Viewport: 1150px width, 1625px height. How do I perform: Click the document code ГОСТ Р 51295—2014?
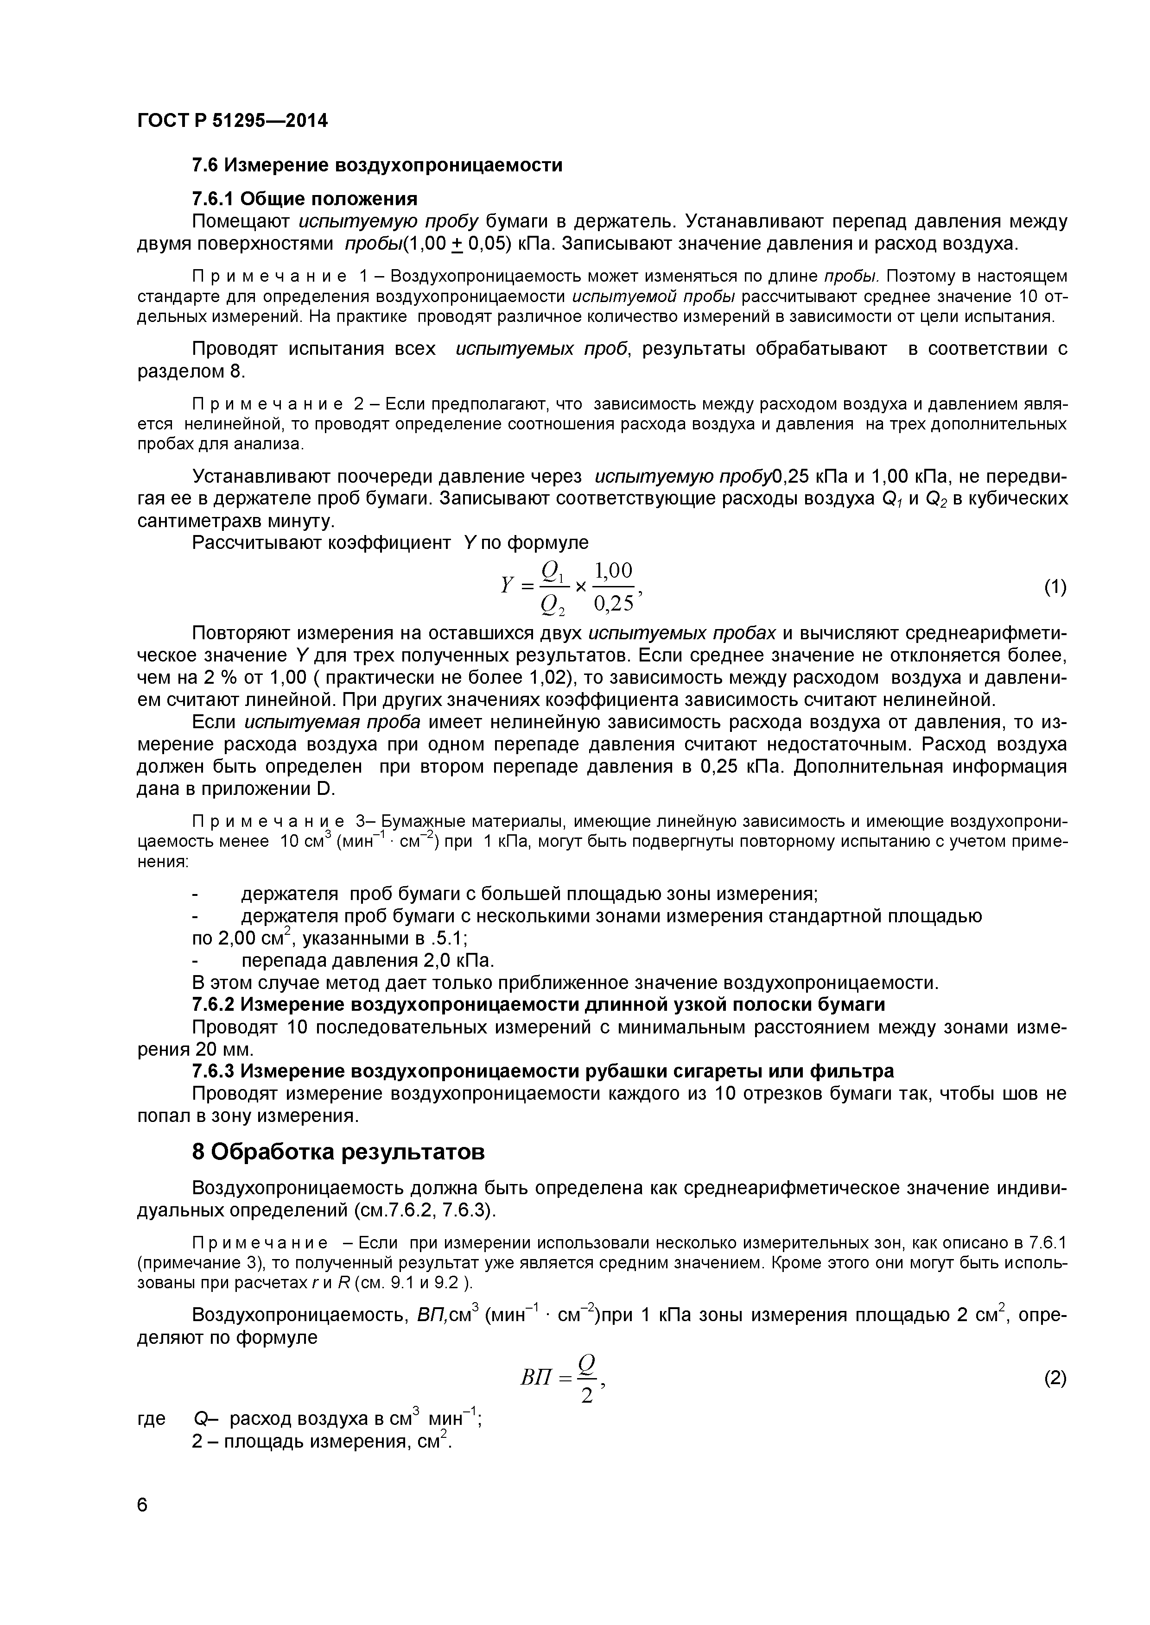232,121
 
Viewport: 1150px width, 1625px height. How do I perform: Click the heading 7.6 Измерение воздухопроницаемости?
377,165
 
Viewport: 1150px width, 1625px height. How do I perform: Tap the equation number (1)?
1055,587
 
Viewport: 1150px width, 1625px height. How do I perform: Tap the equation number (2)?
1055,1379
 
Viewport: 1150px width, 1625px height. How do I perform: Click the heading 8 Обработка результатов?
338,1152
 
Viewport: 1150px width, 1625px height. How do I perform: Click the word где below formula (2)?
150,1419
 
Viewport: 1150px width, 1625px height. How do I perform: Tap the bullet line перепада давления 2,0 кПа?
367,960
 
